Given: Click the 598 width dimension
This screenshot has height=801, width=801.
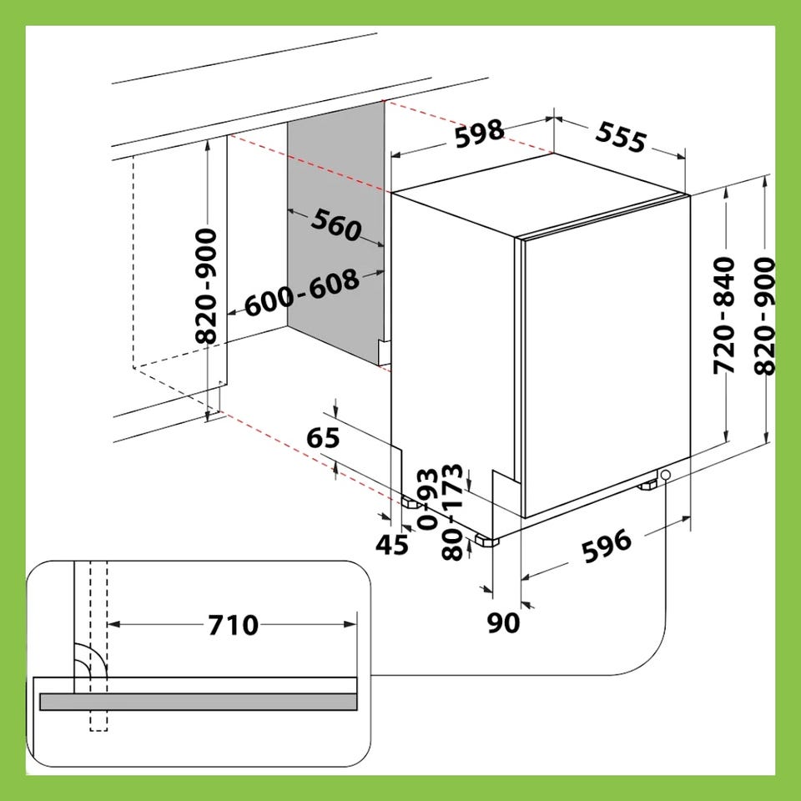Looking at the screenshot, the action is (x=479, y=133).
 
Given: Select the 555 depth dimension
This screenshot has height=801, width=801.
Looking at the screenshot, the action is (x=621, y=137).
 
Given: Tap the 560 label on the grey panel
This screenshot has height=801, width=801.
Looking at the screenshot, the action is (x=336, y=224).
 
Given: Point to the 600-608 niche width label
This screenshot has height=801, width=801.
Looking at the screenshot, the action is (x=301, y=293).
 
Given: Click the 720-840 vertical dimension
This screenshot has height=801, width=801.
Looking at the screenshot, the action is (x=724, y=315).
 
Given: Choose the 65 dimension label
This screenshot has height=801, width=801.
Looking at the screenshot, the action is (x=323, y=438).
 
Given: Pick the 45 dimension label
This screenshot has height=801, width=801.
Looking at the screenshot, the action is (x=392, y=545).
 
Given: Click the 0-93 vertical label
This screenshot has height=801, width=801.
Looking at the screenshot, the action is (x=427, y=498).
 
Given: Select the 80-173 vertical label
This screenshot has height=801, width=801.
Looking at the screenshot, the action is (x=452, y=511).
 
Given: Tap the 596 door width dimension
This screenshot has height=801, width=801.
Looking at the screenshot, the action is (x=607, y=546).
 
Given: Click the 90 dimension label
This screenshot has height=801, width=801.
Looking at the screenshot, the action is (x=503, y=622).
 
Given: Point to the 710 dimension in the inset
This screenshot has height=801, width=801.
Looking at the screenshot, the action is (x=233, y=625).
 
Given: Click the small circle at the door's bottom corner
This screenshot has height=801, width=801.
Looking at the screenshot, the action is (x=665, y=475).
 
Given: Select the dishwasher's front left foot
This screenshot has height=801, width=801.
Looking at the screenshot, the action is (x=486, y=541).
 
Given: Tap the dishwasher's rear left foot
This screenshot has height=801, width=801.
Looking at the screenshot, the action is (x=411, y=503).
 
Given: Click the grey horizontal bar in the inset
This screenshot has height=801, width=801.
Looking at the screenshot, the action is (x=199, y=702).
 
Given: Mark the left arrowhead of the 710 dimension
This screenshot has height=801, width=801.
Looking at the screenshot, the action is (x=113, y=624).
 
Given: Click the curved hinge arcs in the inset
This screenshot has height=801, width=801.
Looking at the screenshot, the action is (x=90, y=659).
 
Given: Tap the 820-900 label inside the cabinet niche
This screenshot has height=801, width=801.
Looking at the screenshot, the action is (x=206, y=285).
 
